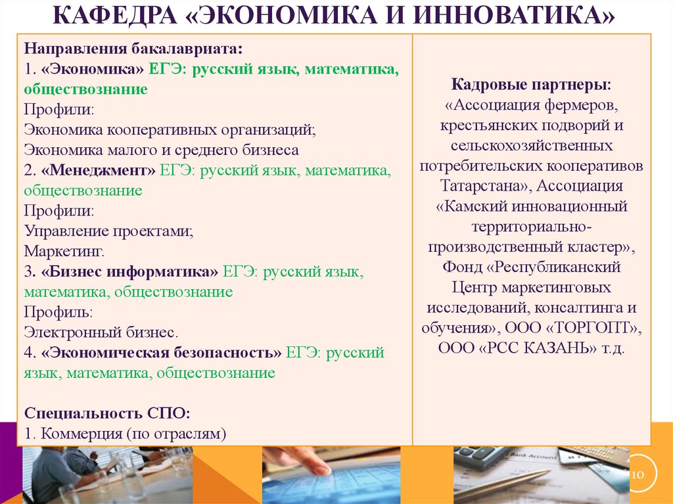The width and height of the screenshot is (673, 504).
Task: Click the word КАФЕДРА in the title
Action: tap(115, 15)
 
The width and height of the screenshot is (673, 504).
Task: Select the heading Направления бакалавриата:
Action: tap(133, 48)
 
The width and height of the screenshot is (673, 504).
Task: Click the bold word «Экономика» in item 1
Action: tap(92, 69)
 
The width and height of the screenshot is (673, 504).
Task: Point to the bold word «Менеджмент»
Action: tap(99, 170)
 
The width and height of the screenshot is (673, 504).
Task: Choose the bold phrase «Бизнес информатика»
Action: tap(129, 271)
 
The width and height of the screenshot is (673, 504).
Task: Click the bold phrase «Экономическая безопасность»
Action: tap(162, 352)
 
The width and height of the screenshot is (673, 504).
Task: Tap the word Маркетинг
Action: tap(64, 251)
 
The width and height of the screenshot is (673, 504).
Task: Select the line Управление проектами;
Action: tap(108, 231)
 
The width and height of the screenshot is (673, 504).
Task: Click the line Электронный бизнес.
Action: tap(101, 332)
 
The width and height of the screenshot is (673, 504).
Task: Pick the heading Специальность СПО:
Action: tap(107, 413)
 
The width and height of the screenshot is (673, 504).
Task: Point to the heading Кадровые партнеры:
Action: tap(531, 84)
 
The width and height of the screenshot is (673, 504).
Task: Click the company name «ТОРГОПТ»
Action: tap(592, 327)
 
